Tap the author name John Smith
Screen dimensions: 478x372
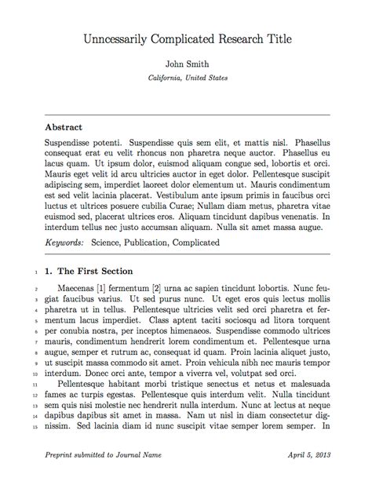pyautogui.click(x=187, y=64)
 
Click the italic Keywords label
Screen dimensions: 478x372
pyautogui.click(x=65, y=243)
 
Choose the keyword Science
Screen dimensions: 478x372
pyautogui.click(x=111, y=243)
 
